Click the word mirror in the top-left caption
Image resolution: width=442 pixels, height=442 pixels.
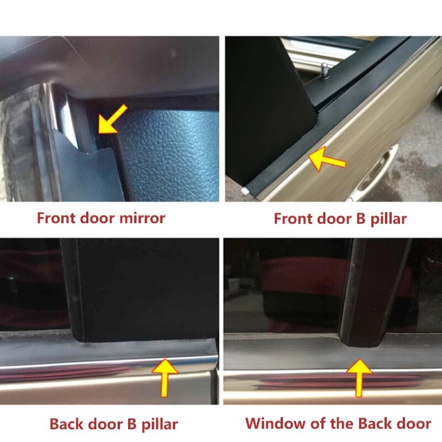(141, 218)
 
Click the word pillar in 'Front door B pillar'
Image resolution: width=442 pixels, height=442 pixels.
(386, 219)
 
